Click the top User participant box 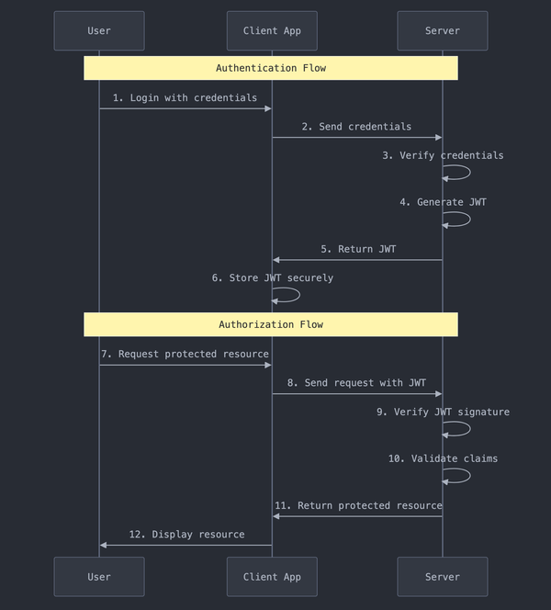click(99, 30)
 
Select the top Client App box click(272, 30)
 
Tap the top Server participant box click(443, 30)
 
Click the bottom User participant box click(99, 577)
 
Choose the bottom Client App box click(272, 577)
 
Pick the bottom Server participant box click(443, 577)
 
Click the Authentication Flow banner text click(271, 68)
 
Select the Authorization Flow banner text click(271, 324)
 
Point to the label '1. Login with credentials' click(185, 97)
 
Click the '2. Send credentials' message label click(356, 126)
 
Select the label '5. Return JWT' click(358, 249)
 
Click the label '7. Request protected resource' click(185, 354)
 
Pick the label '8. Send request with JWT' click(356, 382)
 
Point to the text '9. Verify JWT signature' click(443, 412)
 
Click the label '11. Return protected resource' click(357, 505)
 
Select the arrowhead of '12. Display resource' click(104, 545)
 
